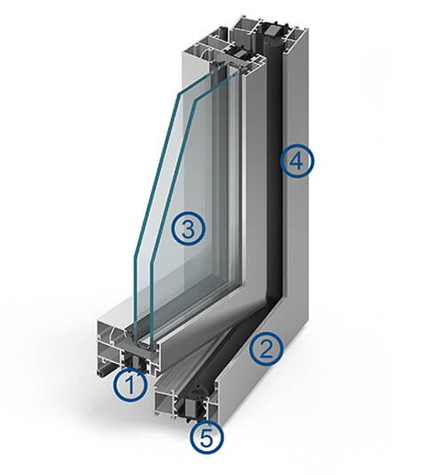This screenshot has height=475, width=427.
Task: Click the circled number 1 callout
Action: pyautogui.click(x=131, y=385)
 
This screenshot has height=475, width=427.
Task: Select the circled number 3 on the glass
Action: pyautogui.click(x=188, y=229)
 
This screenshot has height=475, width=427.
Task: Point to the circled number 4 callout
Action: pyautogui.click(x=296, y=160)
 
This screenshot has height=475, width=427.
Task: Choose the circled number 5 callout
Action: pyautogui.click(x=206, y=438)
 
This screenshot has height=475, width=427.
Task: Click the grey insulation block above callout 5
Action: pyautogui.click(x=192, y=407)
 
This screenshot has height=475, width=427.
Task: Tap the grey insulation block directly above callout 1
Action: pyautogui.click(x=134, y=360)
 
